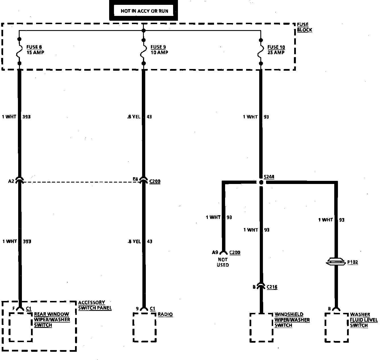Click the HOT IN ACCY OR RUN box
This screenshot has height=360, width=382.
tap(144, 11)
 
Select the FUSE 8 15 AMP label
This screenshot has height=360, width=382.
tap(35, 50)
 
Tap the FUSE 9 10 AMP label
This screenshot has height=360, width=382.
tap(159, 50)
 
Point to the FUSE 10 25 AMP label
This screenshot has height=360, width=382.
tap(276, 50)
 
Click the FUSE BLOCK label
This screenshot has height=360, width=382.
tap(304, 27)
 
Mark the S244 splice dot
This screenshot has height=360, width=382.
tap(261, 182)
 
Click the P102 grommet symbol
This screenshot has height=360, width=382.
tap(336, 262)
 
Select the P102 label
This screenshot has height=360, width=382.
tap(352, 262)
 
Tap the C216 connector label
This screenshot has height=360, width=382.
tap(272, 287)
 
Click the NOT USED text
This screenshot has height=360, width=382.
tap(223, 262)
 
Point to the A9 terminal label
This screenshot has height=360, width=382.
tap(215, 252)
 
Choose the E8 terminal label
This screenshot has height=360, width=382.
tap(135, 179)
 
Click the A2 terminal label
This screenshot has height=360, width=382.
tap(11, 181)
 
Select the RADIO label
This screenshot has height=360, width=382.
tap(165, 314)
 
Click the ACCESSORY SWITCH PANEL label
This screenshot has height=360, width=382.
tap(95, 305)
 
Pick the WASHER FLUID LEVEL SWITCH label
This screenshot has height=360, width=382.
tap(364, 320)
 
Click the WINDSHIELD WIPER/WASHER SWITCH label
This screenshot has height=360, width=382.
tap(292, 320)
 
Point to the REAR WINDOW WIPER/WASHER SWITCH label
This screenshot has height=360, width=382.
tap(52, 320)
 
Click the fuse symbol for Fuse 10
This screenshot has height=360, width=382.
tap(261, 51)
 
